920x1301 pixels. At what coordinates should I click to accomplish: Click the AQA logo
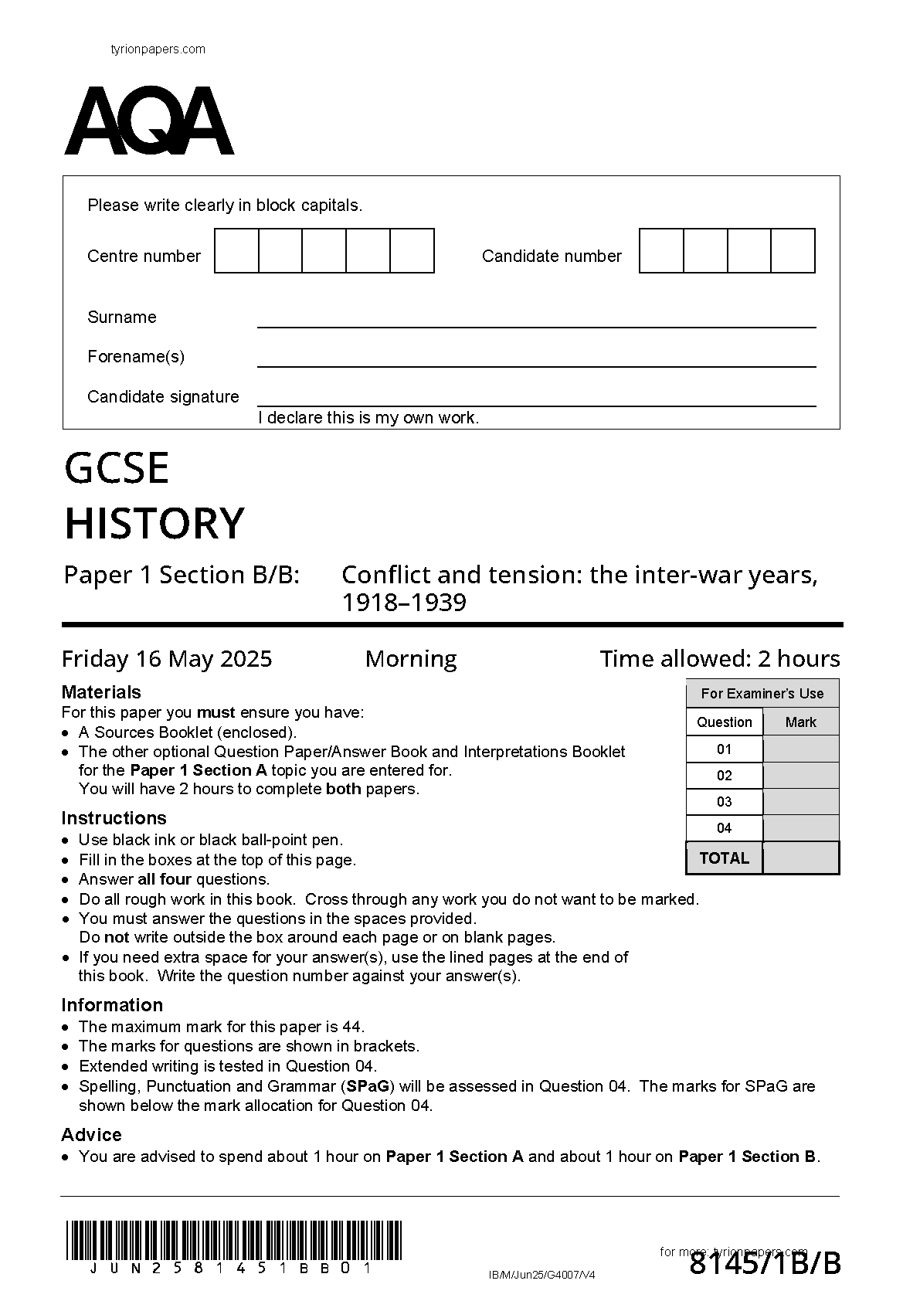149,121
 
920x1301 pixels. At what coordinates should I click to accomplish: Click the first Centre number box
236,251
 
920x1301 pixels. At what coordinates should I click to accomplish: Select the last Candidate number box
793,251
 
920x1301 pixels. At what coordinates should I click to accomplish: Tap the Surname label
122,318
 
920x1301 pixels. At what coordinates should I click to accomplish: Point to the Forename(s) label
136,357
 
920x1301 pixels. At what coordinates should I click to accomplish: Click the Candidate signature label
163,397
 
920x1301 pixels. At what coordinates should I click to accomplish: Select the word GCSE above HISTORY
117,468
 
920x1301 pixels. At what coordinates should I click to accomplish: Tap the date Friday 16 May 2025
167,659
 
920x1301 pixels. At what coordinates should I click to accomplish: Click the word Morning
411,659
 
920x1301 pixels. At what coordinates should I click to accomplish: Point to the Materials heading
101,692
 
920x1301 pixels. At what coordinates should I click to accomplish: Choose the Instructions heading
114,818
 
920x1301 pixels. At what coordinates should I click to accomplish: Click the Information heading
112,1005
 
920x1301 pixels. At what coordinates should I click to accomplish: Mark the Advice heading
91,1135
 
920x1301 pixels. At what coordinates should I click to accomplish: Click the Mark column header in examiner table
800,722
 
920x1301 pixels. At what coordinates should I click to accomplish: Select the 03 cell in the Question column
724,802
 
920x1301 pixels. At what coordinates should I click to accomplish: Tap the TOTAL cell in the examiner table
724,858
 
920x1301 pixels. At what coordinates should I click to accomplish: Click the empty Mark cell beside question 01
800,749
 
